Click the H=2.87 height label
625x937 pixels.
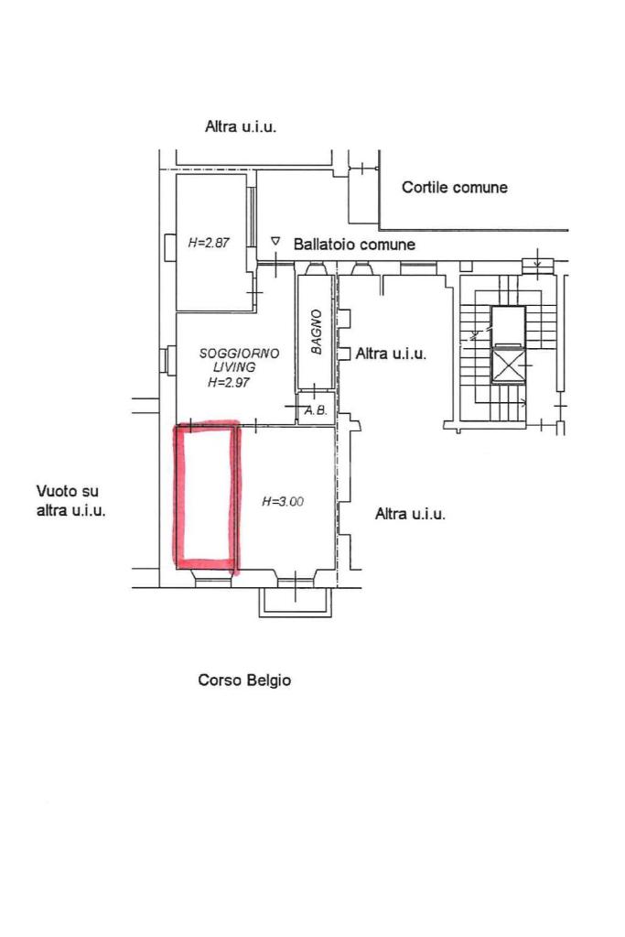[209, 244]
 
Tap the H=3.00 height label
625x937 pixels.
[283, 501]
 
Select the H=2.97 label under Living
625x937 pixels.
[228, 383]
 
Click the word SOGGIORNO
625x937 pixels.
[239, 353]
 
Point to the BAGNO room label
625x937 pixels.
[316, 332]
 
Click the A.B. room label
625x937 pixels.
[316, 410]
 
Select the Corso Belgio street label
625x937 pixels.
[244, 681]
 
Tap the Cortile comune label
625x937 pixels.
[455, 188]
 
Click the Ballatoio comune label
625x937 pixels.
[354, 245]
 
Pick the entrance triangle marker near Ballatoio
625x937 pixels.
[275, 241]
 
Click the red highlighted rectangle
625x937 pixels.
[207, 496]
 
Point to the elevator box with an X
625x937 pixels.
[508, 364]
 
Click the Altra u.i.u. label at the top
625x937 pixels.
[240, 127]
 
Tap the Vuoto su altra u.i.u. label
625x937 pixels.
[71, 501]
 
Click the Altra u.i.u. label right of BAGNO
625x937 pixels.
[391, 354]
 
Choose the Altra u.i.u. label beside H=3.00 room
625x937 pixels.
[410, 514]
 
